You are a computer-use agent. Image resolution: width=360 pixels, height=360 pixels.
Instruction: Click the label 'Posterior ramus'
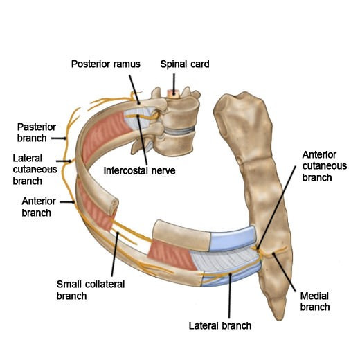pos(105,64)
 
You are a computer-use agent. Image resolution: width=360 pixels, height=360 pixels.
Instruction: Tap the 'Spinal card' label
pos(185,64)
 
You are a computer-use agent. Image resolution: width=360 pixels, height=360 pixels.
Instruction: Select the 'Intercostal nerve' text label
pos(139,171)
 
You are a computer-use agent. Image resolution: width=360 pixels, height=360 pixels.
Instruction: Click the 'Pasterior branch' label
pos(37,132)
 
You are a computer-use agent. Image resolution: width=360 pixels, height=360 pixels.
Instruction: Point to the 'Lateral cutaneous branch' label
pos(35,170)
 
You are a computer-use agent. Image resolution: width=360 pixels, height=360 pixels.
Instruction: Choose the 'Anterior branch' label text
pos(39,207)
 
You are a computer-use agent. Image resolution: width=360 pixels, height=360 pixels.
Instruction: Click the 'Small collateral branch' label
pos(91,290)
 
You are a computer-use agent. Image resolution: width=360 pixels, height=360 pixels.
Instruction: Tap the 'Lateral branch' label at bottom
pos(220,325)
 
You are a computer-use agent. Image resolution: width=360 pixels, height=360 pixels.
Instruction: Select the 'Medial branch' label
pos(315,301)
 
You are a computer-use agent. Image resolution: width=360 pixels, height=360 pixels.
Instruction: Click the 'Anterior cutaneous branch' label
pos(325,166)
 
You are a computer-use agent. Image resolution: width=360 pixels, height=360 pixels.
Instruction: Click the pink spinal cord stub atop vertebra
pos(173,93)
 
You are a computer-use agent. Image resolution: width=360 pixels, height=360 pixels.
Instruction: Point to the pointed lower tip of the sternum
pos(280,319)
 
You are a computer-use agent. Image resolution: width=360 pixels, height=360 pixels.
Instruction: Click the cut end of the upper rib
pos(114,206)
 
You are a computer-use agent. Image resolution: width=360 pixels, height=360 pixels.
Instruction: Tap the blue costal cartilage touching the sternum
pos(233,239)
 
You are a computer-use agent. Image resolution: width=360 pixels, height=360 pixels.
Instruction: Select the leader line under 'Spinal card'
pos(174,82)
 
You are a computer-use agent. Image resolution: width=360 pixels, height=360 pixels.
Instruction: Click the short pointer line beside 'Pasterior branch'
pos(59,138)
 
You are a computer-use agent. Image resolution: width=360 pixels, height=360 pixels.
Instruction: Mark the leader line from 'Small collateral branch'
pos(115,254)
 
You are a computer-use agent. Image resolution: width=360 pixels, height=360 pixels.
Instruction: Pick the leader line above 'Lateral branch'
pos(230,296)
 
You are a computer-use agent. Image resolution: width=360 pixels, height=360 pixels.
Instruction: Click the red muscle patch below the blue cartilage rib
pos(172,255)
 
